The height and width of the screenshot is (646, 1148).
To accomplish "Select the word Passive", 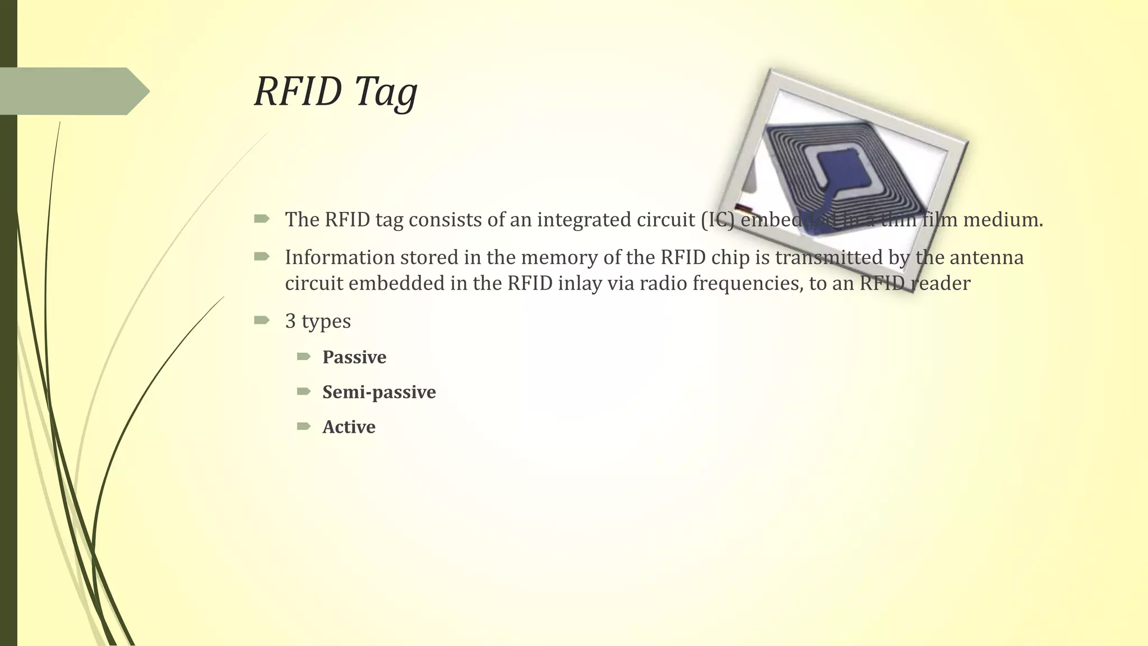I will (354, 357).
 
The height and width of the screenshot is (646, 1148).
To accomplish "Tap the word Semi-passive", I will (379, 392).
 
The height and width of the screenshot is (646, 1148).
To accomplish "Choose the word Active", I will (349, 427).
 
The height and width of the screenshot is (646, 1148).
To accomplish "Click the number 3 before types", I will (290, 321).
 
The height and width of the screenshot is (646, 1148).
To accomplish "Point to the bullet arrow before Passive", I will (304, 357).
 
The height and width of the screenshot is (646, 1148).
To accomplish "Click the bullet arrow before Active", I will (304, 427).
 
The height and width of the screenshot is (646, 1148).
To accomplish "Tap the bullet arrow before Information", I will (261, 257).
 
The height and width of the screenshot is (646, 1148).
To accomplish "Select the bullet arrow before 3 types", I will (261, 321).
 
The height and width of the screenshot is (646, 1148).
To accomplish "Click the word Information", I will (340, 257).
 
